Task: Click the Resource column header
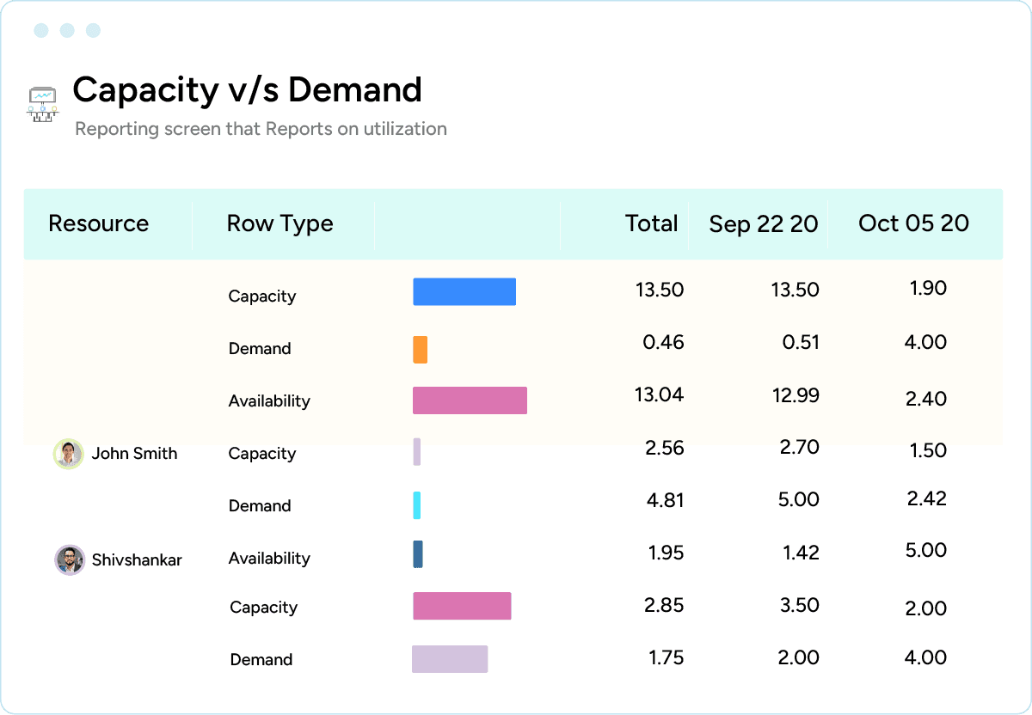(x=98, y=223)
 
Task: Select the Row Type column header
(x=279, y=223)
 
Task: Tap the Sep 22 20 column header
(x=763, y=224)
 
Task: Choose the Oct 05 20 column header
(x=913, y=223)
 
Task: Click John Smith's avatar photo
(x=68, y=454)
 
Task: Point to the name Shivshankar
(x=137, y=560)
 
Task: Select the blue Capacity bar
(x=464, y=292)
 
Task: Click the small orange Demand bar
(x=420, y=349)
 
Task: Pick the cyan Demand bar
(x=417, y=505)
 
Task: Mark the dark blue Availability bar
(x=418, y=554)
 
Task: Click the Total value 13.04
(x=660, y=394)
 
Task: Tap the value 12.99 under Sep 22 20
(x=795, y=395)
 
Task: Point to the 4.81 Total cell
(x=665, y=499)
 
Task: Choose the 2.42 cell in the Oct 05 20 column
(x=926, y=498)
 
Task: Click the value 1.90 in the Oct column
(x=928, y=288)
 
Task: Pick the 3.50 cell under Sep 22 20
(x=798, y=605)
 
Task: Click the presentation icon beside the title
(x=42, y=104)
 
